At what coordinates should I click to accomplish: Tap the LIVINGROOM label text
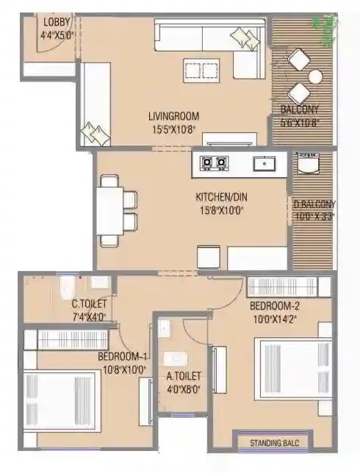[x=173, y=116]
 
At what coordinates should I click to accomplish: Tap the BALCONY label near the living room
[x=299, y=111]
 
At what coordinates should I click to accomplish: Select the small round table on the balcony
[x=315, y=76]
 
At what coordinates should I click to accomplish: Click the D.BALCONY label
[x=314, y=204]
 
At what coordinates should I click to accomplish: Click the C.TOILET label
[x=89, y=304]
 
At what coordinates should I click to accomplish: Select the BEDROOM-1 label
[x=123, y=358]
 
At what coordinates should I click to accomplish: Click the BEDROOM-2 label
[x=275, y=306]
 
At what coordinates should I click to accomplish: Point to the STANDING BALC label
[x=273, y=443]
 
